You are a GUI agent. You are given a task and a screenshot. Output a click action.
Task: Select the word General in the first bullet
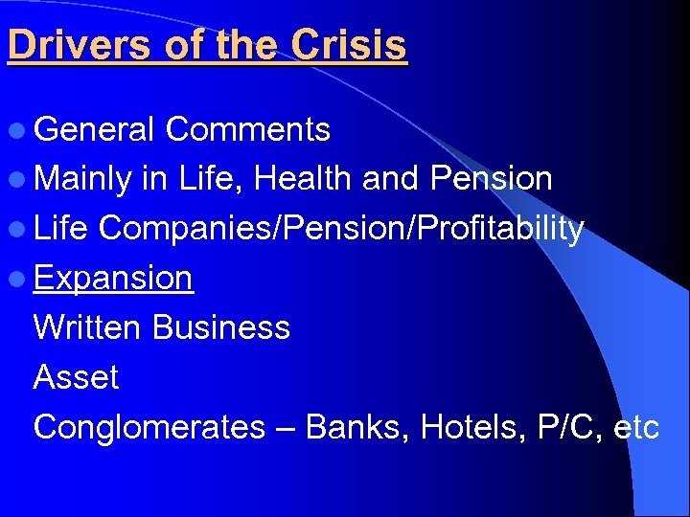coord(94,129)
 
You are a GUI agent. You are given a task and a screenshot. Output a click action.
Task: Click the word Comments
coord(247,129)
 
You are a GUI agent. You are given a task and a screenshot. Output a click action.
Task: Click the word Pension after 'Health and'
coord(492,179)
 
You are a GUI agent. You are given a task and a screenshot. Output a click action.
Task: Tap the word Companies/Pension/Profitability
coord(340,229)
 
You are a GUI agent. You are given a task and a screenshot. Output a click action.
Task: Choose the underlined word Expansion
coord(113,279)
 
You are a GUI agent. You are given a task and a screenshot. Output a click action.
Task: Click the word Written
coord(88,327)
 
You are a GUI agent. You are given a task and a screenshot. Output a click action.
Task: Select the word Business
coord(220,327)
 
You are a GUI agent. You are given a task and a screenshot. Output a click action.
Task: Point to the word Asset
coord(76,377)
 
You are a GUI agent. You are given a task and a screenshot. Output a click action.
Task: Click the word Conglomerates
coord(149,427)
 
